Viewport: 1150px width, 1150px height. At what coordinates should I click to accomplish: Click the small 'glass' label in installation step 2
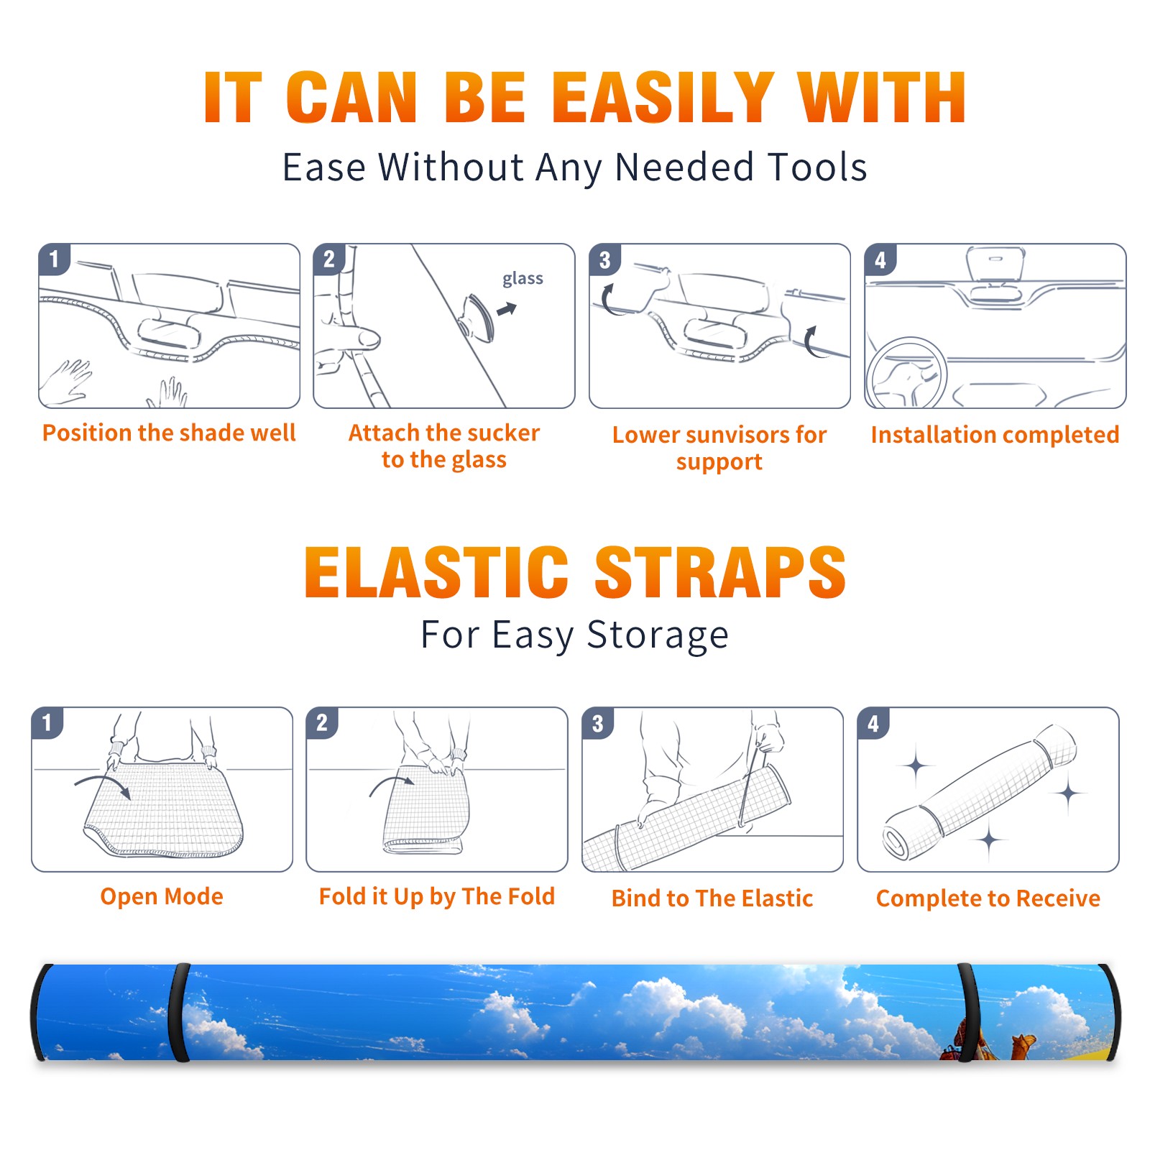coord(523,279)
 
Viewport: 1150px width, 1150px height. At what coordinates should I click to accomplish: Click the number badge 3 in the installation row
coord(604,259)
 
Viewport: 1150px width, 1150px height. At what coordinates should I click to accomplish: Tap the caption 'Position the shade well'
coord(169,433)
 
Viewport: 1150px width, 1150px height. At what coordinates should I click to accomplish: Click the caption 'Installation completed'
coord(995,435)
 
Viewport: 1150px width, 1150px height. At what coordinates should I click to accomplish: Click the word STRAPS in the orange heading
coord(720,572)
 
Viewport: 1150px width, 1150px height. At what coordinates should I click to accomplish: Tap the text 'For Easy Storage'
coord(574,635)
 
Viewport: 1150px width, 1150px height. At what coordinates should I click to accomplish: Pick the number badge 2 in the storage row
coord(322,723)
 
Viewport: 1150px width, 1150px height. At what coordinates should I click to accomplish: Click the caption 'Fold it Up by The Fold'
coord(437,897)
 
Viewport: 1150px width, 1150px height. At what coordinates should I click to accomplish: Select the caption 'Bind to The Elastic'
coord(712,898)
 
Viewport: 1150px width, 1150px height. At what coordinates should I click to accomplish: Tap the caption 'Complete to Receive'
coord(988,898)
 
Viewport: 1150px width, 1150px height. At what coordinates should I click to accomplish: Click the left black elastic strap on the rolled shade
coord(179,1013)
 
